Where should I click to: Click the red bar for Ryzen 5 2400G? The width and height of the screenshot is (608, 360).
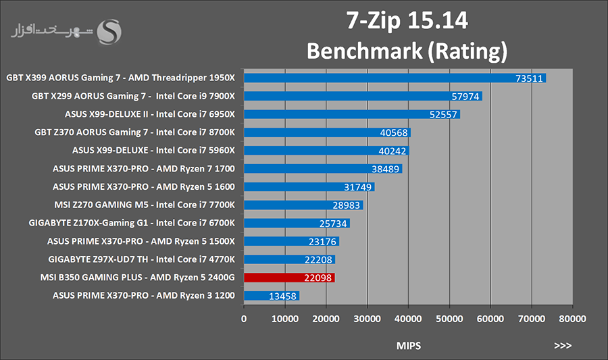(289, 278)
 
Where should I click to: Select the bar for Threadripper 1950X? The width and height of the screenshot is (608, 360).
(395, 78)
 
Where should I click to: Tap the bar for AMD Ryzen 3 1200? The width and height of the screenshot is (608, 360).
(272, 296)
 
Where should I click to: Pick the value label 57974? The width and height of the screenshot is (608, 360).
(465, 97)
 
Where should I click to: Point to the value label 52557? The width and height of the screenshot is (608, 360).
(443, 115)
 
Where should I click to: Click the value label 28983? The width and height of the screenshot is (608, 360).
(347, 205)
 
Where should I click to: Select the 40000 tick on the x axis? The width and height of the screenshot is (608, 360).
(408, 317)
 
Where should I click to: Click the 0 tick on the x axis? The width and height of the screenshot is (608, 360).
(244, 317)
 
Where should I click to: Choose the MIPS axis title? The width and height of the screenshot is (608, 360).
(409, 346)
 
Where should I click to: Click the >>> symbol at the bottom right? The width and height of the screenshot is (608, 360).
(563, 346)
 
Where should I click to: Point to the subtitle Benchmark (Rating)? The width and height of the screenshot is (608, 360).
(407, 51)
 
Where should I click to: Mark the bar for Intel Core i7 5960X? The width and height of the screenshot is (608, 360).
(326, 151)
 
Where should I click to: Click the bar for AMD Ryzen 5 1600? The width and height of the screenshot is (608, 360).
(309, 187)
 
